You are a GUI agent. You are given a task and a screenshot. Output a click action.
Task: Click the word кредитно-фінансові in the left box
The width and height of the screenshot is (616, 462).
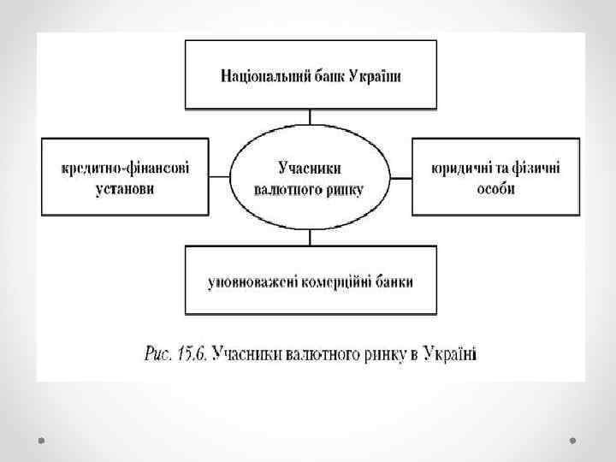[x=125, y=169]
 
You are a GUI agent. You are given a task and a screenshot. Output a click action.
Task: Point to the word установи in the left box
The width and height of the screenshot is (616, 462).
[x=125, y=188]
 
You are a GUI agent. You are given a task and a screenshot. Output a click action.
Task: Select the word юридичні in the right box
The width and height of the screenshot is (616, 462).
[x=460, y=169]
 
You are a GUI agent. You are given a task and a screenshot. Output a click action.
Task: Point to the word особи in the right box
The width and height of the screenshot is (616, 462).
[x=495, y=188]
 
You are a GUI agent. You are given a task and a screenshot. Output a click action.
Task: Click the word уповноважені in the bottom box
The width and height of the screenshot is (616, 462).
[x=251, y=281]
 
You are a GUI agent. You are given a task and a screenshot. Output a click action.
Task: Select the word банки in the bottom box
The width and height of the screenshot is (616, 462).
[x=394, y=281]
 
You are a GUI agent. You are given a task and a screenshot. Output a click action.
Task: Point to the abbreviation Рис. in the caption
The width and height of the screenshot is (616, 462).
[x=157, y=350]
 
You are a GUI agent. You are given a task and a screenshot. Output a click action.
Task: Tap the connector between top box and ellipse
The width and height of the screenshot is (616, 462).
[x=311, y=119]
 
